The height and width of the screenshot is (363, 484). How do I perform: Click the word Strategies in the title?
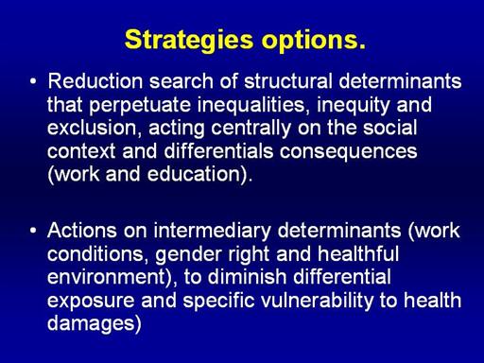189,40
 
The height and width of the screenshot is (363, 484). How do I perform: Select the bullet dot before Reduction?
33,81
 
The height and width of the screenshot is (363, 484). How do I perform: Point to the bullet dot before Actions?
33,231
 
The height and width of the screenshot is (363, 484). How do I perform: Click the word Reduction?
95,81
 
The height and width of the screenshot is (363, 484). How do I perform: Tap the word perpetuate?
140,106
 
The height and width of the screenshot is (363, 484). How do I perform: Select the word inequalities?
251,106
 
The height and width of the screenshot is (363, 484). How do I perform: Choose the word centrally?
251,129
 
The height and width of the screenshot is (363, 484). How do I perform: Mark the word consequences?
349,152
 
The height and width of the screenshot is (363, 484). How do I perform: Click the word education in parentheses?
195,174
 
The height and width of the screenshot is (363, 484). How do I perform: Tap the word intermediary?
212,231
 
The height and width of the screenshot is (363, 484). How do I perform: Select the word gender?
188,254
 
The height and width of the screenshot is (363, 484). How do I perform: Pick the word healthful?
358,253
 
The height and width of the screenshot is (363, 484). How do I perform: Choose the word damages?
91,324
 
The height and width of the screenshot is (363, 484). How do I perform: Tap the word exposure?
91,302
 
